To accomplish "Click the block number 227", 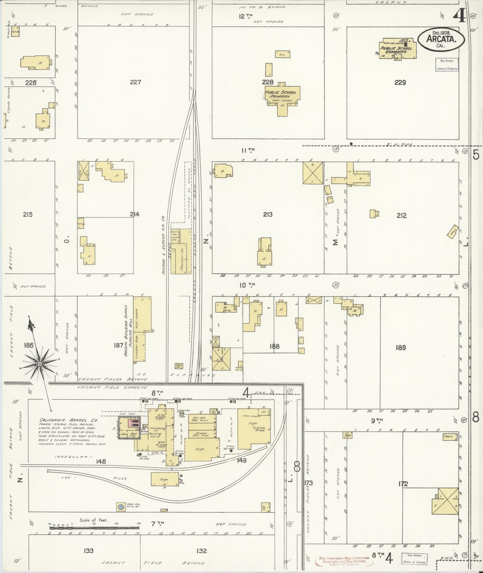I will tap(135, 82).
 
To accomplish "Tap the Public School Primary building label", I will tap(281, 94).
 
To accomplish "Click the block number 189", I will tap(400, 348).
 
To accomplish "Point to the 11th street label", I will tap(248, 150).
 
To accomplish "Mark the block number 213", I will tap(267, 215).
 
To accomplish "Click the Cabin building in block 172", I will tap(450, 438).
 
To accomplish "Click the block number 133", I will tap(89, 551).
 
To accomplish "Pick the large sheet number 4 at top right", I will tap(459, 16).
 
